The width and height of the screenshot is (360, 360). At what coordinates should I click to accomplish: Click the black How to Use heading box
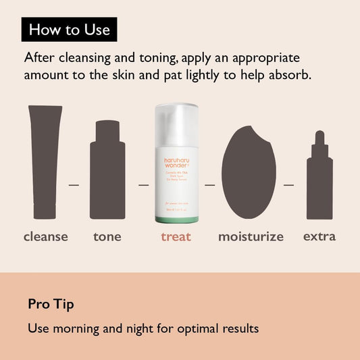(69, 30)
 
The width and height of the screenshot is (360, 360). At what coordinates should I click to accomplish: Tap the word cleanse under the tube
(46, 236)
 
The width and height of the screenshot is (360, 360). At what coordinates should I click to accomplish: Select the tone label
(107, 236)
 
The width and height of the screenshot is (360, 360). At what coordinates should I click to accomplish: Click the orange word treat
(176, 236)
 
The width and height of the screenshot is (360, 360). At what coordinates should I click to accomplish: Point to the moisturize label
(251, 237)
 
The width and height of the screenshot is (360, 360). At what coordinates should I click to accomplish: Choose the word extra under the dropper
(319, 236)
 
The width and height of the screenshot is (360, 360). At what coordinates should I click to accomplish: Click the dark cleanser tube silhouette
(45, 162)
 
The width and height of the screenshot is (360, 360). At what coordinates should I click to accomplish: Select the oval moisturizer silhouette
(249, 172)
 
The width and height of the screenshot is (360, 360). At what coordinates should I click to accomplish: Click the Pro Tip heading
(51, 305)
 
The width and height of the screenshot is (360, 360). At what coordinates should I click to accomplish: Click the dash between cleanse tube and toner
(74, 184)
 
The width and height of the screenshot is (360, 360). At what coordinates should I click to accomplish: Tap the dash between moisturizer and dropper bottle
(288, 184)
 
